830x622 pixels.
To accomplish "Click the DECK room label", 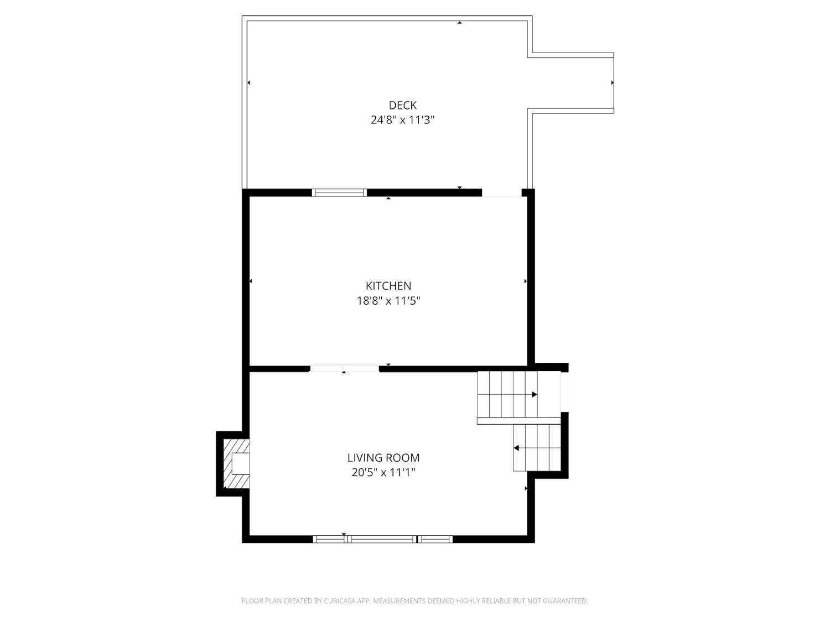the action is [x=402, y=105].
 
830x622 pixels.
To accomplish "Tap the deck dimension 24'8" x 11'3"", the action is [x=402, y=120].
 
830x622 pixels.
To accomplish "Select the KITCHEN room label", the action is [x=388, y=286].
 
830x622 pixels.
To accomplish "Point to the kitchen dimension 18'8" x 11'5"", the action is [x=389, y=301].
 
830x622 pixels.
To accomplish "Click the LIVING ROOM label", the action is [x=383, y=458].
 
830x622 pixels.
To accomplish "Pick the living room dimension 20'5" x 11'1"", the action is [x=383, y=473].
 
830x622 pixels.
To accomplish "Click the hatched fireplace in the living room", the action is [x=236, y=463].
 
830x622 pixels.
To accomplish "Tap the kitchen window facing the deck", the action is [x=339, y=192].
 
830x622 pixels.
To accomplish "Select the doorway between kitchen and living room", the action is [x=345, y=369].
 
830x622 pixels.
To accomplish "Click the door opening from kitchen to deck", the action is [x=502, y=193].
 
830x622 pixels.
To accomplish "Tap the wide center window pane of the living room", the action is [x=382, y=539].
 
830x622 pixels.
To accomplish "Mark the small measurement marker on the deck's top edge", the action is [x=459, y=23].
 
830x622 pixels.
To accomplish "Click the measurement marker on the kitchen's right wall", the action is [x=526, y=281].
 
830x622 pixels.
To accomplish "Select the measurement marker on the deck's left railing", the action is [x=248, y=83].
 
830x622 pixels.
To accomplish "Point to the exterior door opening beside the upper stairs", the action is [x=564, y=392].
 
